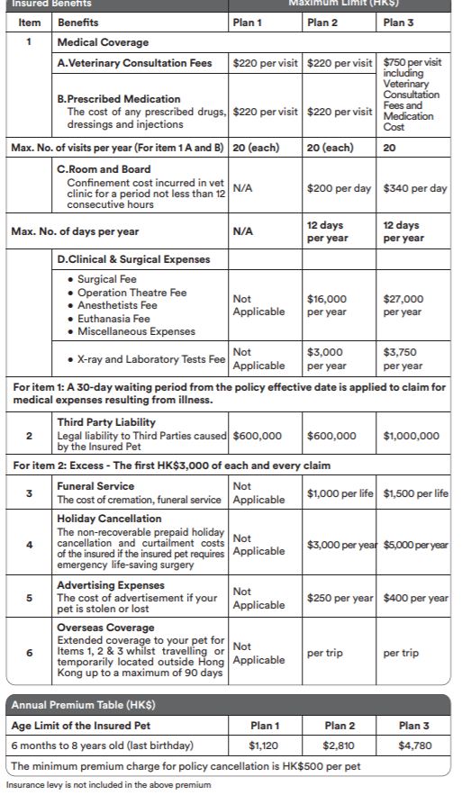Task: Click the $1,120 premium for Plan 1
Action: (263, 745)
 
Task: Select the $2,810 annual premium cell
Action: (339, 745)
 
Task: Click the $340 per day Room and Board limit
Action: (414, 189)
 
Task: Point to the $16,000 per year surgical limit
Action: (326, 305)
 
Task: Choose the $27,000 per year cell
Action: (403, 305)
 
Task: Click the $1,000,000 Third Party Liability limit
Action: (412, 436)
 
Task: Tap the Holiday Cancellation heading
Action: (110, 519)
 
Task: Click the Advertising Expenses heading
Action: (112, 585)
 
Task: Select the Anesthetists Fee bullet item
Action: (117, 305)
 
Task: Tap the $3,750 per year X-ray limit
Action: (403, 359)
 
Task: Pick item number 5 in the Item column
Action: (29, 598)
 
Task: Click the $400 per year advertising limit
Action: (415, 598)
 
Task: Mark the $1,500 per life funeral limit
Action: (415, 493)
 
